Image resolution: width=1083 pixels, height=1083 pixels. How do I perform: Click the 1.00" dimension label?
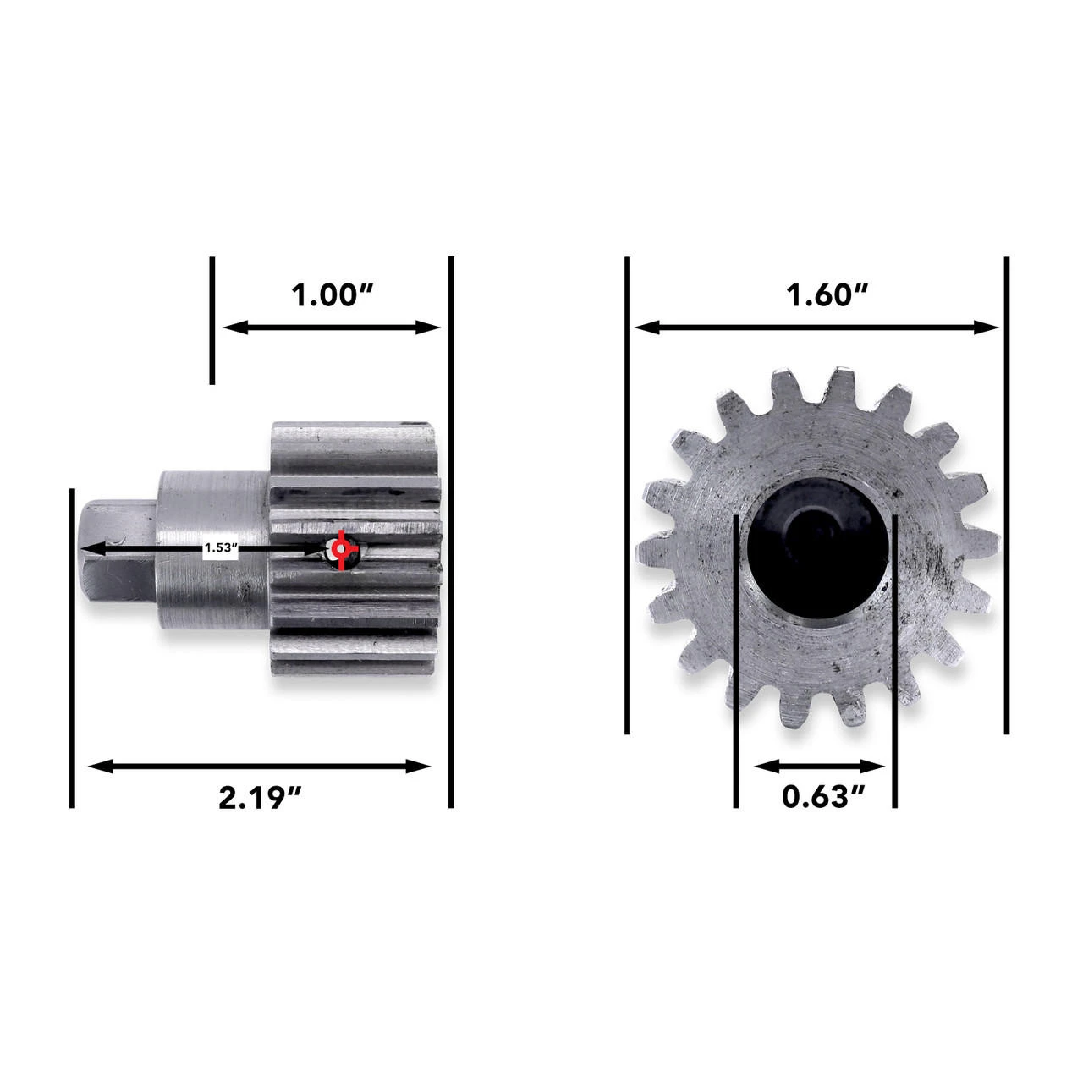point(333,296)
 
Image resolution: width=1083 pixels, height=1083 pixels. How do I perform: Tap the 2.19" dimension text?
point(261,797)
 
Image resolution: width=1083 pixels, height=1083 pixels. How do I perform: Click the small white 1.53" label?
point(221,548)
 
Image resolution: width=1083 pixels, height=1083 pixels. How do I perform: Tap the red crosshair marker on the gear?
point(340,551)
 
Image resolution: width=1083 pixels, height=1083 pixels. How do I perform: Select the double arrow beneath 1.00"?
point(332,327)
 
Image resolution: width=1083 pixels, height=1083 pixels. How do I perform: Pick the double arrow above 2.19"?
point(261,767)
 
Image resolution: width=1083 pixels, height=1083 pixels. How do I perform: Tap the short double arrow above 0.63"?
point(819,767)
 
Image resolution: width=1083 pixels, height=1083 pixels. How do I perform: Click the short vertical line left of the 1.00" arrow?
point(212,320)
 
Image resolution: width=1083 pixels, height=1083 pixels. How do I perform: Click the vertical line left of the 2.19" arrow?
point(73,647)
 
